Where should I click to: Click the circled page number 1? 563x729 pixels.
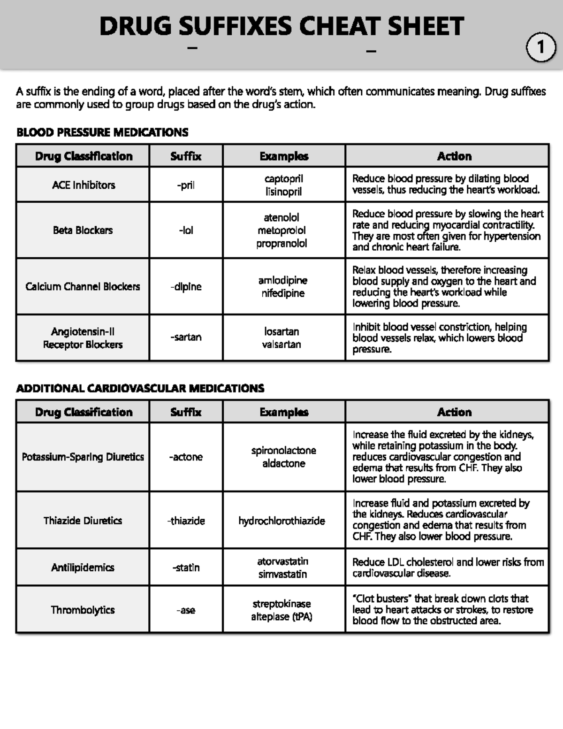[x=541, y=47]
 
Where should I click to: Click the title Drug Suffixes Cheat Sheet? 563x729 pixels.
[x=281, y=26]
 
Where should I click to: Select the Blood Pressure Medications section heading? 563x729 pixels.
[x=102, y=132]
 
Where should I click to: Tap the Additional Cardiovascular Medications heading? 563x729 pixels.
[x=140, y=388]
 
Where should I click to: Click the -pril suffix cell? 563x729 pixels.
[x=186, y=185]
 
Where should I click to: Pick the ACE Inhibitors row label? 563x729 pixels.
[x=84, y=185]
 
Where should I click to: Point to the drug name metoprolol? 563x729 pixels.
[x=281, y=230]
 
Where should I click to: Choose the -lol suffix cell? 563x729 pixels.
[x=186, y=230]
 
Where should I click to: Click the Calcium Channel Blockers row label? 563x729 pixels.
[x=83, y=286]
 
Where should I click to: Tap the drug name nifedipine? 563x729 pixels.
[x=283, y=293]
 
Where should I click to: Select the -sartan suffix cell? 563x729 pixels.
[x=186, y=337]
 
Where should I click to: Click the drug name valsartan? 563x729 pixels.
[x=281, y=344]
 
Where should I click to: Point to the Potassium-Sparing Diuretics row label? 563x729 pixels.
[x=83, y=457]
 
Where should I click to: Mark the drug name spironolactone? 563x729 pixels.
[x=283, y=451]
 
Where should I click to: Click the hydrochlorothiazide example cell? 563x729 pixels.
[x=281, y=521]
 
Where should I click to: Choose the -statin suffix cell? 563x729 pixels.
[x=186, y=568]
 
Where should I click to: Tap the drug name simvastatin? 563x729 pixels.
[x=282, y=574]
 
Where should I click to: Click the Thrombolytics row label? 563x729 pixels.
[x=83, y=610]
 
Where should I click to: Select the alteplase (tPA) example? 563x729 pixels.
[x=281, y=617]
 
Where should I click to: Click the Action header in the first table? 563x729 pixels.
[x=454, y=156]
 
